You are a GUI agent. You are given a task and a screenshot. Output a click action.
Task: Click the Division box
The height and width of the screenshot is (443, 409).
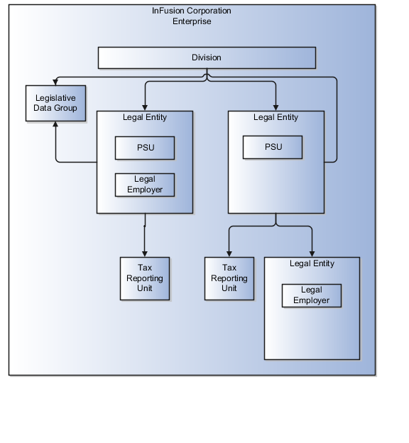[206, 58]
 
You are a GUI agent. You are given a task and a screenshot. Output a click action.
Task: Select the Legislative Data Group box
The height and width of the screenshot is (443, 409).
[55, 103]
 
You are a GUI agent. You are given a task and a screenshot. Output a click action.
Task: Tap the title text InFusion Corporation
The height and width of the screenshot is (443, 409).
[192, 11]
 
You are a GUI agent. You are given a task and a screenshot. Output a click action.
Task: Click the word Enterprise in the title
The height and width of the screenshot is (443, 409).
[192, 21]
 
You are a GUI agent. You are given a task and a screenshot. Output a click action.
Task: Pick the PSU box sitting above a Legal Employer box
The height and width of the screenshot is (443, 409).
[145, 148]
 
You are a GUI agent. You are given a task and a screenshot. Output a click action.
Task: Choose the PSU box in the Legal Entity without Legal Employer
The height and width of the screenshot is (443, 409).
[273, 148]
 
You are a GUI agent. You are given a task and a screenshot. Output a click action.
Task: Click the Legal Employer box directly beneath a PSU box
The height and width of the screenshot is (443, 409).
[145, 184]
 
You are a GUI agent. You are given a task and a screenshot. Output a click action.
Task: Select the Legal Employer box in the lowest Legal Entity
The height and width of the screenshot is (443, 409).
[311, 295]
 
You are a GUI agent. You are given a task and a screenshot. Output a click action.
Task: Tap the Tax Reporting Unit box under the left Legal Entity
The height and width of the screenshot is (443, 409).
[145, 278]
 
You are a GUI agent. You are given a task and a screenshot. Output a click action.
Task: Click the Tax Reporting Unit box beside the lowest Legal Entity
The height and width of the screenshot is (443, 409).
[229, 278]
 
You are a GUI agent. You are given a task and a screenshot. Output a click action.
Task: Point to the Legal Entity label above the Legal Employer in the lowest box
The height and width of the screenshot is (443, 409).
[312, 263]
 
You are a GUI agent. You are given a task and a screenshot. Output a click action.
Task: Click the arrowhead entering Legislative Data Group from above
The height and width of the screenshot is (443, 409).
[55, 82]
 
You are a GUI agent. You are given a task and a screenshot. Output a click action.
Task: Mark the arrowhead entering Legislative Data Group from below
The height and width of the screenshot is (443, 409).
[55, 125]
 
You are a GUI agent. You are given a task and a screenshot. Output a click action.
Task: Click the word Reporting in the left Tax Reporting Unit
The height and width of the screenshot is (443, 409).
[145, 278]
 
